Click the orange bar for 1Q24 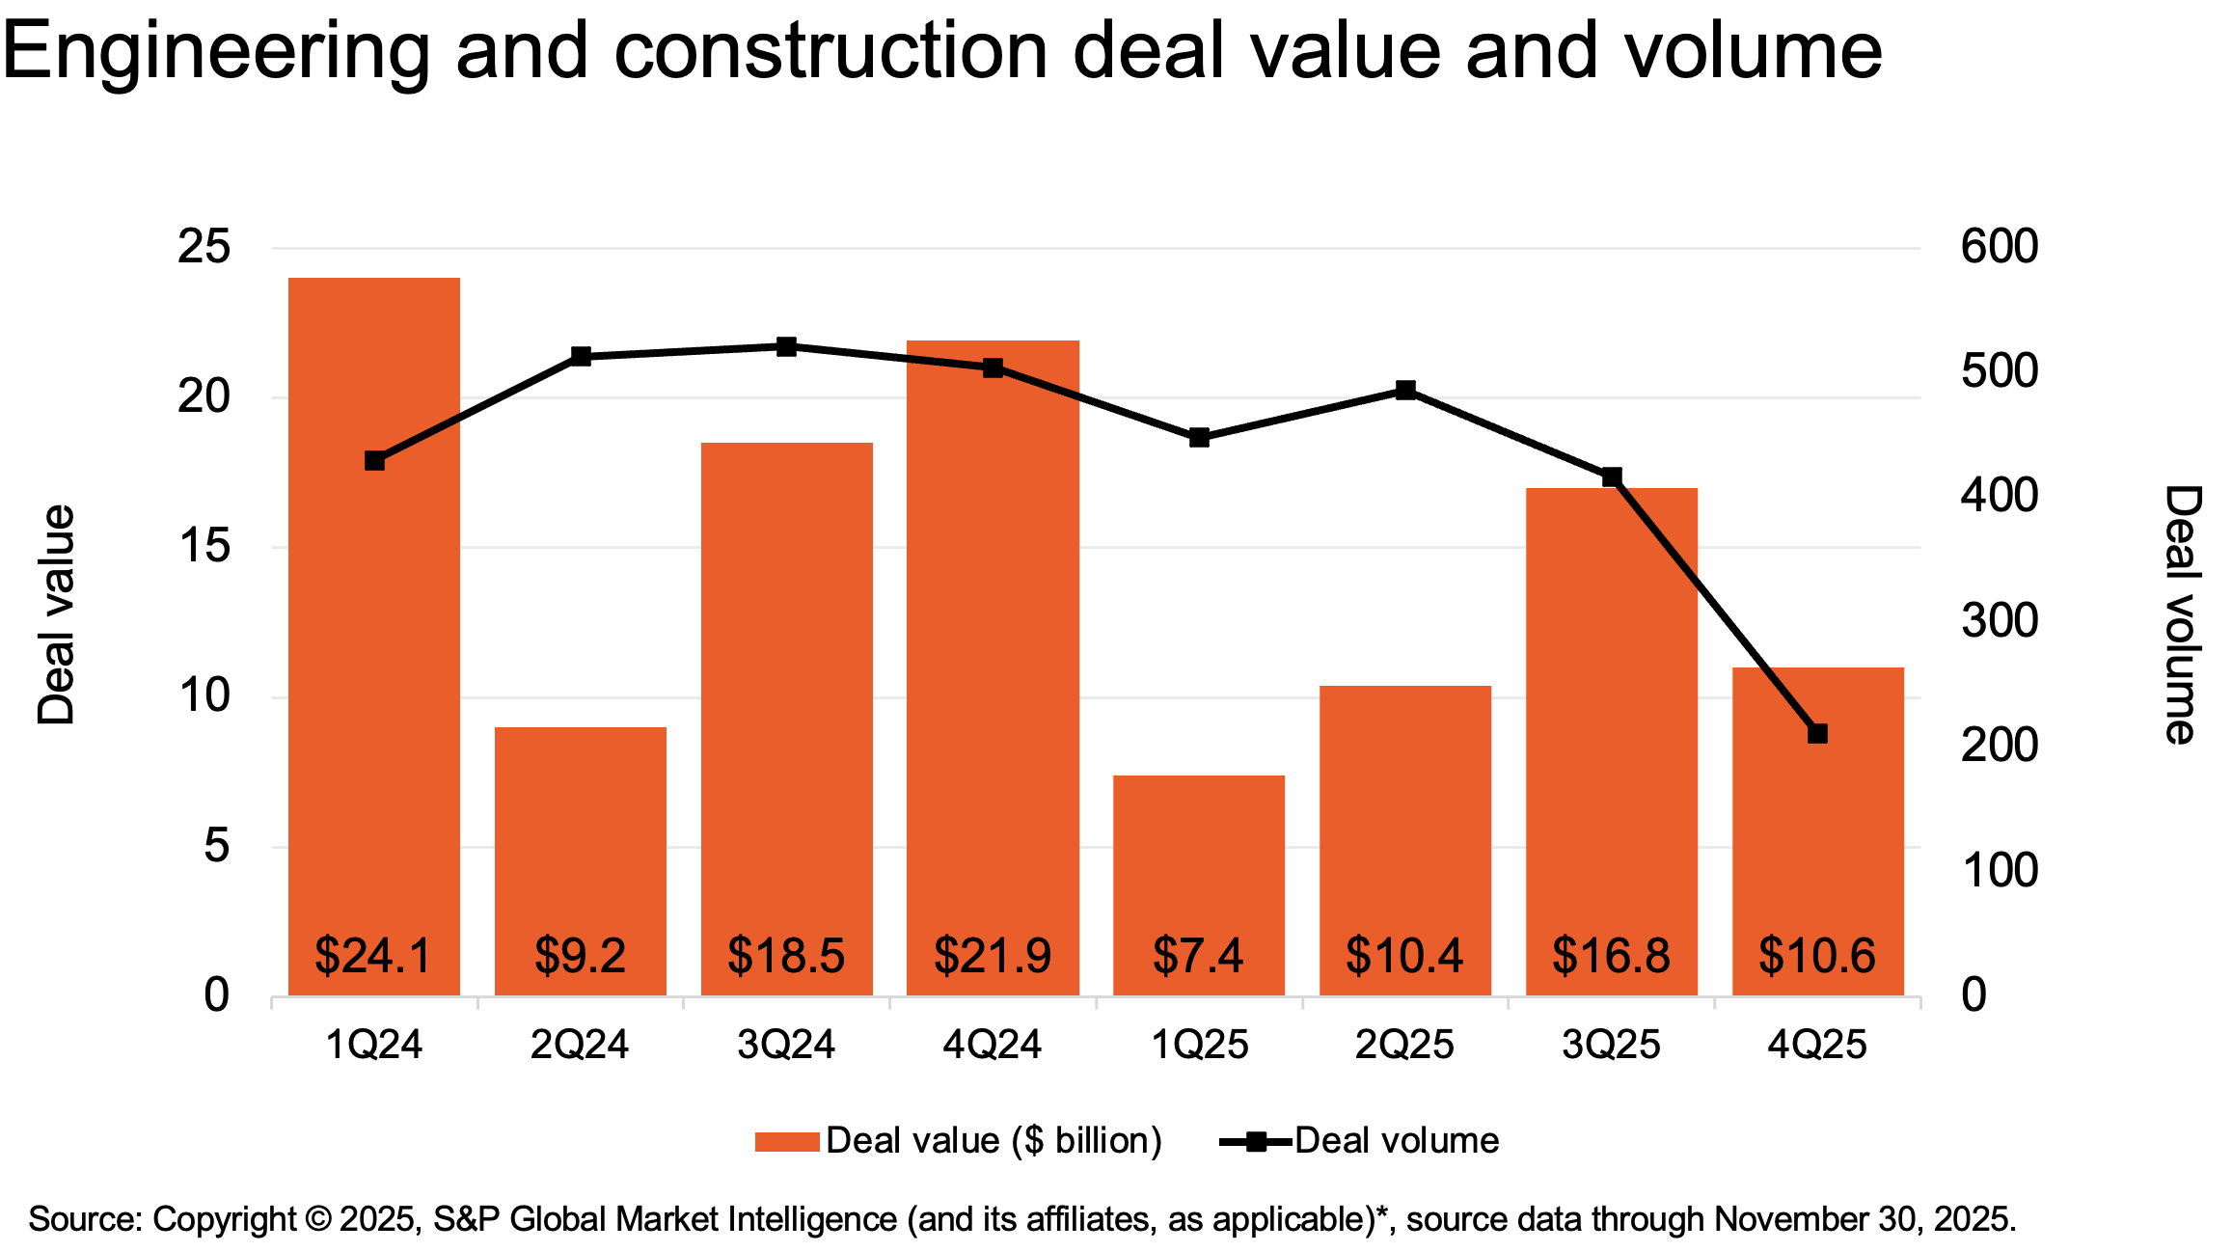374,637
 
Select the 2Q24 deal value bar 581,861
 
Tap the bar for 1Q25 1199,885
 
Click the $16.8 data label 1611,955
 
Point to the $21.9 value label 993,955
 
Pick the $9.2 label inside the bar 581,955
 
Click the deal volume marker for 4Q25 1817,734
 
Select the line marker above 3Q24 786,346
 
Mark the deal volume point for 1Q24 374,461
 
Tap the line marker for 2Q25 1405,391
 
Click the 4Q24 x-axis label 993,1045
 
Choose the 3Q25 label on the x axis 1611,1045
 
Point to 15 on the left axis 204,547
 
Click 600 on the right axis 2000,247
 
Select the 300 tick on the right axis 2000,621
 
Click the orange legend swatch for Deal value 787,1142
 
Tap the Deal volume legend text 1397,1141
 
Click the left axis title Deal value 56,614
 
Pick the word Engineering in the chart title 216,52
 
